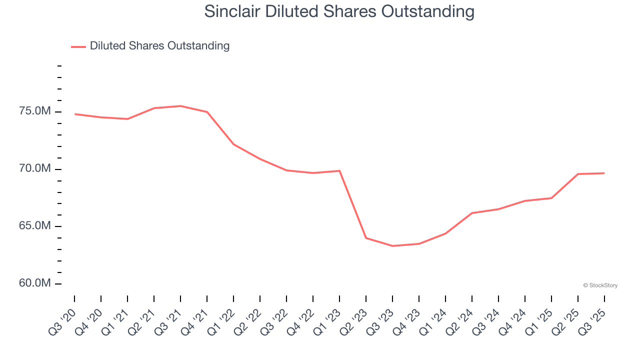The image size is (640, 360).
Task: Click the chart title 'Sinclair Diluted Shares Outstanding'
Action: [x=339, y=11]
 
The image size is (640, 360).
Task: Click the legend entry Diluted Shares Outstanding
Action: [x=159, y=46]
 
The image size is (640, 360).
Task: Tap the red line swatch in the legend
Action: [x=78, y=46]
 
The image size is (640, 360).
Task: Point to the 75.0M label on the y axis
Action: [x=34, y=111]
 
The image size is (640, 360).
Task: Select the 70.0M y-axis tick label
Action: [x=34, y=169]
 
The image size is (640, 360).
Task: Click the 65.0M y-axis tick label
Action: [x=34, y=226]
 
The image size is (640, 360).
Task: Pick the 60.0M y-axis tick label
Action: [x=34, y=283]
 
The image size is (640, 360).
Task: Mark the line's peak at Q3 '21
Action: [x=180, y=106]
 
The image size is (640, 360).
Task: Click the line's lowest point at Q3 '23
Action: [x=392, y=246]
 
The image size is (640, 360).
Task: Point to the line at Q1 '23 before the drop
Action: [x=339, y=171]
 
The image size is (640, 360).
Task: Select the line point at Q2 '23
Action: [x=366, y=238]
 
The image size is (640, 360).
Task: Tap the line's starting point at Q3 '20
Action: [x=74, y=114]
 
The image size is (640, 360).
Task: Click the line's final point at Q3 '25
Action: [x=604, y=173]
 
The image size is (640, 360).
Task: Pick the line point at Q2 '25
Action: [x=578, y=174]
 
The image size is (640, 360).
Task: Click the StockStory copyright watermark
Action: [x=600, y=285]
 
